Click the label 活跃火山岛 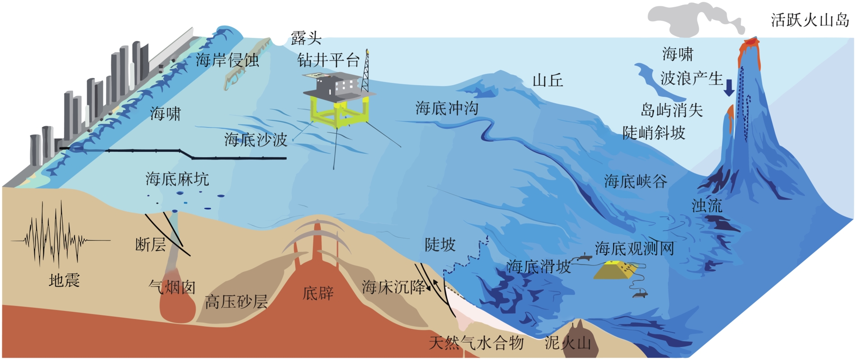click(x=810, y=20)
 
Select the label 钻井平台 click(x=329, y=60)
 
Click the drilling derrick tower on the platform click(x=366, y=72)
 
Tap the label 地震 click(x=64, y=281)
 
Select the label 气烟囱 click(x=172, y=287)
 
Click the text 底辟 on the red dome click(x=318, y=293)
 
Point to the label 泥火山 click(x=568, y=343)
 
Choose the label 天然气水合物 click(x=476, y=343)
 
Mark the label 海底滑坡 click(x=538, y=266)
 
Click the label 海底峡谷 click(x=636, y=182)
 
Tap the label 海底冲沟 click(x=447, y=109)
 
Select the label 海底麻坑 click(x=177, y=179)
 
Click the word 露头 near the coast click(x=306, y=38)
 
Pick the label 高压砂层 click(x=236, y=301)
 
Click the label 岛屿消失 click(x=672, y=110)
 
